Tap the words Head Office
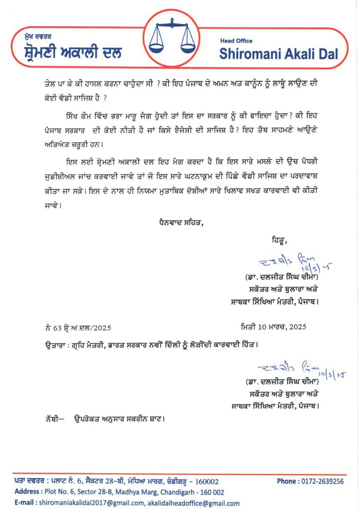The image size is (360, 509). tap(236, 41)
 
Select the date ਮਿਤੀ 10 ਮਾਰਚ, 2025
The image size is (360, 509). tap(273, 327)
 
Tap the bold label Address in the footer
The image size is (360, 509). tap(27, 492)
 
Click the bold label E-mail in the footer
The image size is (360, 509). tap(25, 503)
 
